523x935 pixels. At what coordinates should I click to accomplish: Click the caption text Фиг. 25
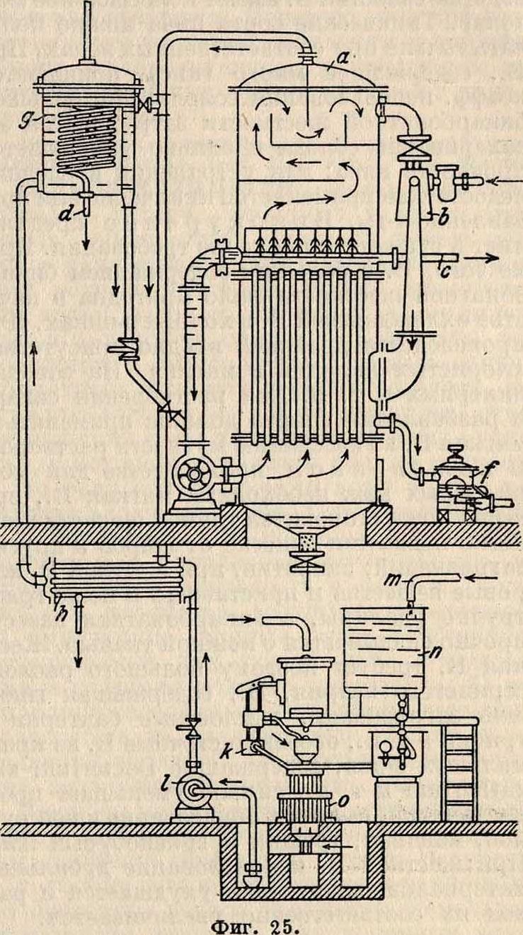261,920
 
